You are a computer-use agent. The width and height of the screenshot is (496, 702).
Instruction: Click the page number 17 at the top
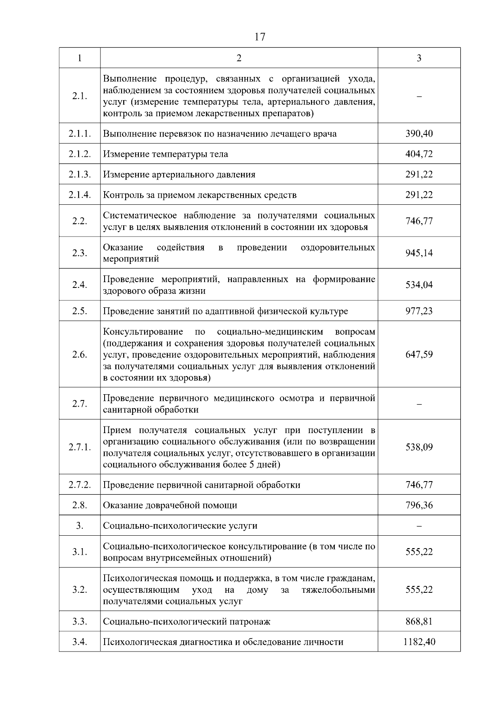[260, 37]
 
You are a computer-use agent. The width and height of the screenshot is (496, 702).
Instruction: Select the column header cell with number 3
[419, 58]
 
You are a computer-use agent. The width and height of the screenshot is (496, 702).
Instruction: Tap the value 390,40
[419, 134]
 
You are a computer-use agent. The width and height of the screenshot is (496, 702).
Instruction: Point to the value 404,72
[419, 154]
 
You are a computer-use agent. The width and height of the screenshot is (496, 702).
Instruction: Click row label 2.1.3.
[79, 174]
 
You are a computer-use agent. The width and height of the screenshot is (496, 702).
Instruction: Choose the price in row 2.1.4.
[419, 195]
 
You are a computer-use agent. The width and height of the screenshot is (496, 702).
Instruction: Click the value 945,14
[419, 253]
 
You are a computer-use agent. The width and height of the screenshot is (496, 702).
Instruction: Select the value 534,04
[419, 285]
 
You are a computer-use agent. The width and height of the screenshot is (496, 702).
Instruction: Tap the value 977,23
[419, 311]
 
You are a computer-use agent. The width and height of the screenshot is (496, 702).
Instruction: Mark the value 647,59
[419, 355]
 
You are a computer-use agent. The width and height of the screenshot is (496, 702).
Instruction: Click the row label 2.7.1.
[79, 447]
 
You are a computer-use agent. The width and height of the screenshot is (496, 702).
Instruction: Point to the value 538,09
[419, 447]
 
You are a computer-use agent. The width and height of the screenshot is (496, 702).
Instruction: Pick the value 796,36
[419, 505]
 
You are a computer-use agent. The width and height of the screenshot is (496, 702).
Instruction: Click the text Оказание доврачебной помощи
[170, 505]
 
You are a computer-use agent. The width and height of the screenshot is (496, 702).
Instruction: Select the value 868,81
[419, 621]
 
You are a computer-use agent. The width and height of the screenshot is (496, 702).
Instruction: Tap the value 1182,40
[419, 642]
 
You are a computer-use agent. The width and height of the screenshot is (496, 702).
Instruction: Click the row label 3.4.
[79, 642]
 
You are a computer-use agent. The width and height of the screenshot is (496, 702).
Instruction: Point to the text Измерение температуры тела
[165, 154]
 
